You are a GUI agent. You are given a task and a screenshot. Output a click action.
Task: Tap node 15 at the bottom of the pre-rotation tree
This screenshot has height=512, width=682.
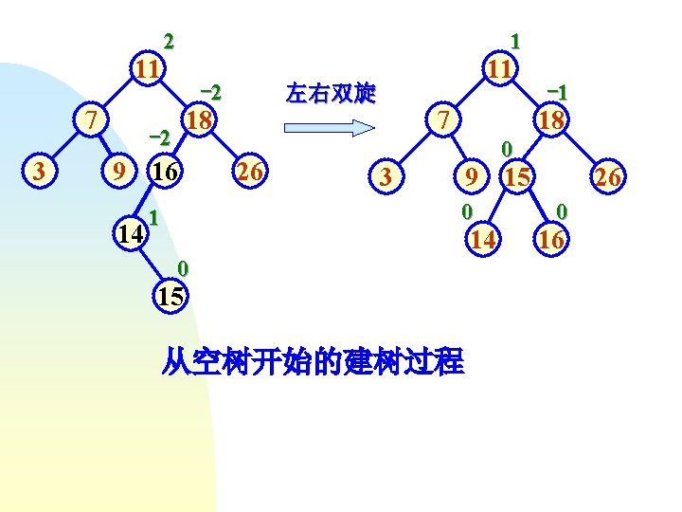(170, 295)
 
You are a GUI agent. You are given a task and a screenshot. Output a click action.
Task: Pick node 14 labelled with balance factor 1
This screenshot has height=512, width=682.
(129, 232)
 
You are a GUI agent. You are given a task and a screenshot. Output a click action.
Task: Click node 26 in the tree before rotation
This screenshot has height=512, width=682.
(250, 172)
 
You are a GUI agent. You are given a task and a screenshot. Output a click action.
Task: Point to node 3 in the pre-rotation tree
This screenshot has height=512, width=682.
(37, 172)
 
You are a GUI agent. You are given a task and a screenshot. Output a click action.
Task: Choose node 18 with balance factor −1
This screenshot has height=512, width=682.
(550, 120)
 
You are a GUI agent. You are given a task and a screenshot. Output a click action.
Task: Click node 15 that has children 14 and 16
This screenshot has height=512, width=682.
(516, 175)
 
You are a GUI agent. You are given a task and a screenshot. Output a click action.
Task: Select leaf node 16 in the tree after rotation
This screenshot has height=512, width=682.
(550, 240)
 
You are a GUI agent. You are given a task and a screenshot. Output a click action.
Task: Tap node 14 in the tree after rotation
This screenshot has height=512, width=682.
(483, 240)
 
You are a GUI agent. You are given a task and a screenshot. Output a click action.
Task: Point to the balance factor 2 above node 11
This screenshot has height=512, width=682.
(169, 41)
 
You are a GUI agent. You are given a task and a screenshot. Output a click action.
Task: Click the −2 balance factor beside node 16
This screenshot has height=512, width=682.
(160, 138)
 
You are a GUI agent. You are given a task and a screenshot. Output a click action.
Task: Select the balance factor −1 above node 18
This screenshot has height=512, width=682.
(557, 92)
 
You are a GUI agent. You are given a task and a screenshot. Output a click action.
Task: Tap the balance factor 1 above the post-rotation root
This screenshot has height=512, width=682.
(514, 41)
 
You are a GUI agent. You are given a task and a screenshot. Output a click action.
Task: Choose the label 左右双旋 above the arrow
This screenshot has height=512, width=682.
(331, 93)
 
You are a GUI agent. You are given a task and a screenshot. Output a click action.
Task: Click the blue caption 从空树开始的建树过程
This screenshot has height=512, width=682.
(313, 361)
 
